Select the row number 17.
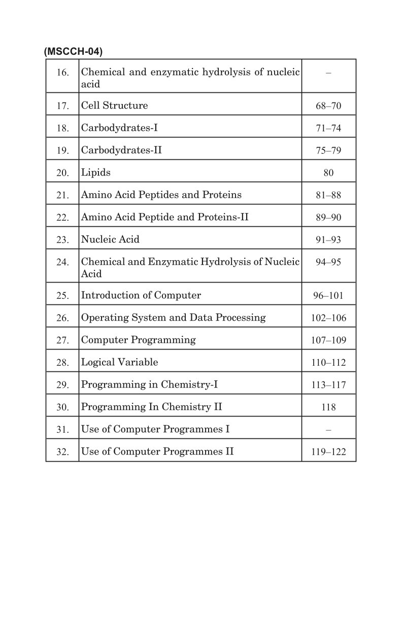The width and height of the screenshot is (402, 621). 62,106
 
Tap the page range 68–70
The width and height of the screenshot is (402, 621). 328,106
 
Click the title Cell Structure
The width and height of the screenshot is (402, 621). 115,106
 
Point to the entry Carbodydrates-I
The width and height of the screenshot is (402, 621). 119,128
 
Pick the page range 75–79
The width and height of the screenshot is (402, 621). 328,151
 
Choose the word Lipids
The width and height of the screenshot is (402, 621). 96,172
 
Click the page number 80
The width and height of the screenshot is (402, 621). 328,173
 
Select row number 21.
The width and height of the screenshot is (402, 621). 62,195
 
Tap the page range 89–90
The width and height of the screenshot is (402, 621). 328,218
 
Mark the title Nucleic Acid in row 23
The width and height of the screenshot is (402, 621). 110,239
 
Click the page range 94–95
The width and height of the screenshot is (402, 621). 328,262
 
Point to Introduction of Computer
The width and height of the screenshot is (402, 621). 141,295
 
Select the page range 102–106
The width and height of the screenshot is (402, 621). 328,318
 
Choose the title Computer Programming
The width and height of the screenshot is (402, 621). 139,340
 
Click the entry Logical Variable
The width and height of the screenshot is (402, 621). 120,362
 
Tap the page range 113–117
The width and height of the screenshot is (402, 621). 328,385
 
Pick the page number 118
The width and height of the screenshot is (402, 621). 328,407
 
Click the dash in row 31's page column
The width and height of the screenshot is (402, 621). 328,430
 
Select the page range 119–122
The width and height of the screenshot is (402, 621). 328,452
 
